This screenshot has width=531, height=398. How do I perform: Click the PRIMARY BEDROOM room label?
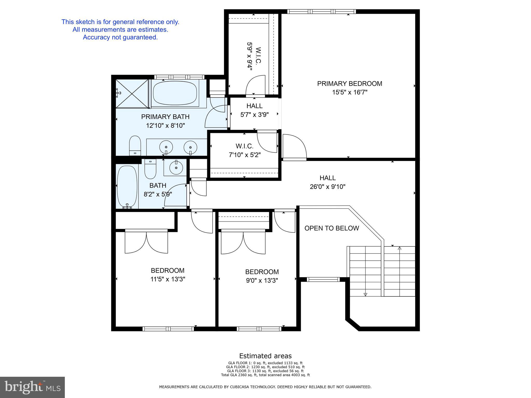(350, 83)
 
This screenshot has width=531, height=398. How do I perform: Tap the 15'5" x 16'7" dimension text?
(350, 92)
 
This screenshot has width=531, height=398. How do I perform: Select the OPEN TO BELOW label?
(332, 228)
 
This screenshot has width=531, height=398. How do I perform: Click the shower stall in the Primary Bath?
(132, 94)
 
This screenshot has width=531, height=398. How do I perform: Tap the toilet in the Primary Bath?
(135, 145)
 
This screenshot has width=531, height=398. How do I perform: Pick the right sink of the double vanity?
(190, 147)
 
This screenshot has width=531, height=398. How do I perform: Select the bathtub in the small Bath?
(127, 187)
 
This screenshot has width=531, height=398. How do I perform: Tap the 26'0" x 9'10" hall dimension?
(328, 187)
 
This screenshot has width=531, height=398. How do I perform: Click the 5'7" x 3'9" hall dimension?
(255, 115)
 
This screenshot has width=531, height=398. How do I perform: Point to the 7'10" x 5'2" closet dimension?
(244, 155)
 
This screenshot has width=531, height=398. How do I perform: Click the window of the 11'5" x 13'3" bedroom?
(168, 329)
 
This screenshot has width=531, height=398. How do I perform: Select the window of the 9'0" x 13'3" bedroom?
(259, 329)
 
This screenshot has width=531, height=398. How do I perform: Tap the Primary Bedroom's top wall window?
(321, 11)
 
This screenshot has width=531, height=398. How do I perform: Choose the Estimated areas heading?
(265, 356)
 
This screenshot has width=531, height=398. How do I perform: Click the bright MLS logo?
(32, 387)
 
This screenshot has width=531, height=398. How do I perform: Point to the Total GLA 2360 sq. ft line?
(265, 375)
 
